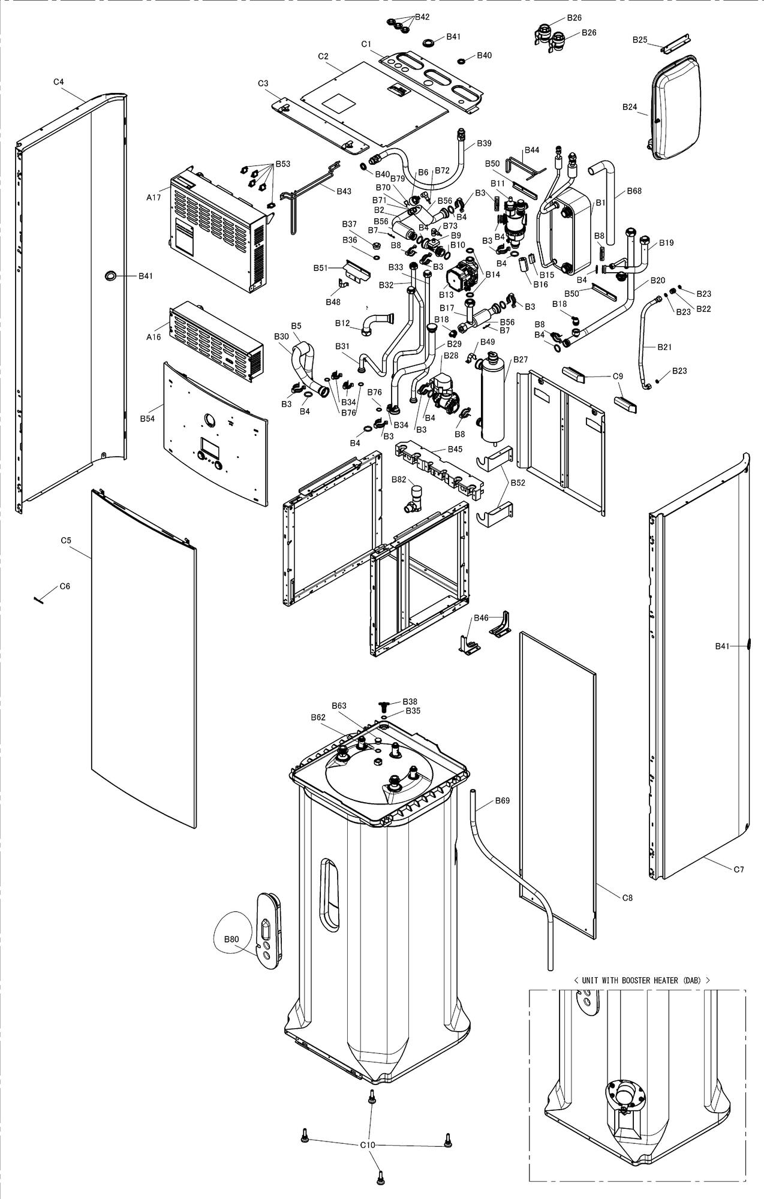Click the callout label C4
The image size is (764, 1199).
pyautogui.click(x=58, y=82)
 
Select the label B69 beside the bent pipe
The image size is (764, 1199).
pyautogui.click(x=502, y=800)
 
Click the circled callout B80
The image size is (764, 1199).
pyautogui.click(x=231, y=939)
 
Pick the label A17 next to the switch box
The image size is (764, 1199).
pyautogui.click(x=154, y=197)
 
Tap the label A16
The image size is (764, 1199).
pyautogui.click(x=154, y=337)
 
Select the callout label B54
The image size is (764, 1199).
pyautogui.click(x=147, y=418)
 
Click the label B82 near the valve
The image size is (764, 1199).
pyautogui.click(x=399, y=479)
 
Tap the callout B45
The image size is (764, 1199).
pyautogui.click(x=455, y=449)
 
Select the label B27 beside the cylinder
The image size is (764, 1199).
pyautogui.click(x=520, y=360)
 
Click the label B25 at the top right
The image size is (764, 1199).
pyautogui.click(x=640, y=40)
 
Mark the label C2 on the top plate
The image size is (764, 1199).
pyautogui.click(x=323, y=56)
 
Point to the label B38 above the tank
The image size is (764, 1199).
pyautogui.click(x=410, y=701)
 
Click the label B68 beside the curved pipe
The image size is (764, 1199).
pyautogui.click(x=634, y=191)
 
